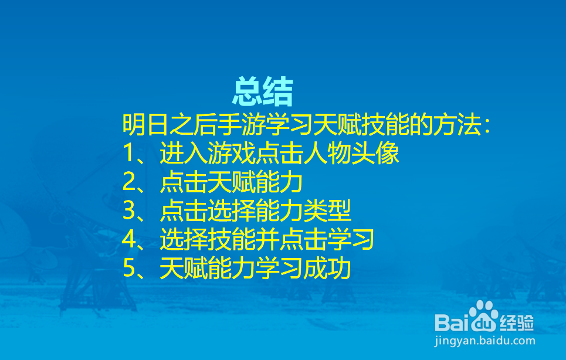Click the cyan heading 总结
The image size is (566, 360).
click(262, 91)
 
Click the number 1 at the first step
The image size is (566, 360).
click(129, 153)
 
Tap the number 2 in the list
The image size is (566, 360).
click(129, 182)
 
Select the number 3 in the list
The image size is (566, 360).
click(129, 211)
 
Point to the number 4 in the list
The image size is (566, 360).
click(129, 239)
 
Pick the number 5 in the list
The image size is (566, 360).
click(129, 268)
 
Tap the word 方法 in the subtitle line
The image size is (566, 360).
click(457, 124)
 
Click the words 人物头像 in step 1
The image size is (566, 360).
click(351, 153)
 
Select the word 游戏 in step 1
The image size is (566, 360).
click(231, 153)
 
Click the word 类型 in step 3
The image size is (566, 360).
click(327, 211)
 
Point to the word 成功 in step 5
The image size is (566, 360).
click(327, 268)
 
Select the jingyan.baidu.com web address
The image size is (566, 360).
click(485, 341)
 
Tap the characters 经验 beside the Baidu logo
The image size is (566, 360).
click(517, 322)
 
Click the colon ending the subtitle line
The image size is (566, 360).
click(487, 125)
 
